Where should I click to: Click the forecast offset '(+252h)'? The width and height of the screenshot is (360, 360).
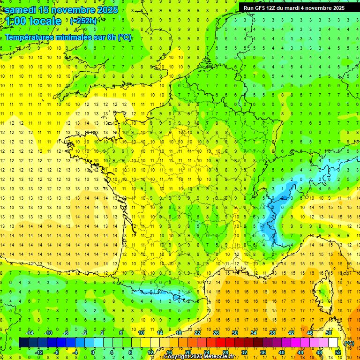click(83, 21)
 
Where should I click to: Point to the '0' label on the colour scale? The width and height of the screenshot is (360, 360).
click(93, 352)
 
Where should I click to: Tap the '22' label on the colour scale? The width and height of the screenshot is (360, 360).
click(197, 333)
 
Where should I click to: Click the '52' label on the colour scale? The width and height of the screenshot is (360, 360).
click(337, 352)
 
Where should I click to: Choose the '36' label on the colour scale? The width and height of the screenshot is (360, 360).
click(262, 352)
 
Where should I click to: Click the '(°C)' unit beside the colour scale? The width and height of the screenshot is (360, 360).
click(349, 343)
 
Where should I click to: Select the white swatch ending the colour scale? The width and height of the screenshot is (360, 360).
click(333, 343)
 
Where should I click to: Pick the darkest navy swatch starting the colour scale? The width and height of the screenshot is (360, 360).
click(23, 343)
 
